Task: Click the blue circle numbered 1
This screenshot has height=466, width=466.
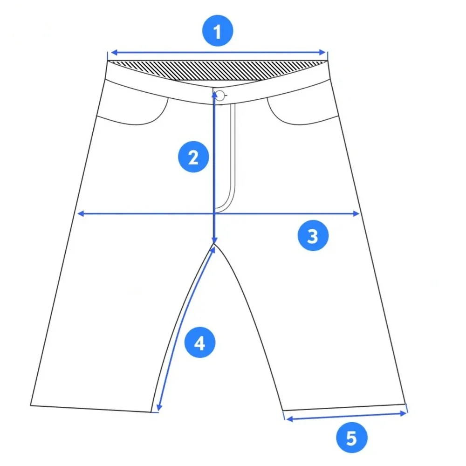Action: [x=218, y=31]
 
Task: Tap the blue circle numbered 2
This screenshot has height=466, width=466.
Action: [x=193, y=157]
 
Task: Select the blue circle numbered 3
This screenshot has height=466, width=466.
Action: [x=313, y=235]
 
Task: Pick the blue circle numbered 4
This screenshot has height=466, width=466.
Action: [x=200, y=343]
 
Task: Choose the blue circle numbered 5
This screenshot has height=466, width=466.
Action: [x=351, y=438]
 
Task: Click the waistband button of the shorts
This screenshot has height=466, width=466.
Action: [x=220, y=96]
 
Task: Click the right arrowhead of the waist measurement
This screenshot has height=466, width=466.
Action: [x=322, y=53]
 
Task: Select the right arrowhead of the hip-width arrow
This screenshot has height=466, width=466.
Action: [x=356, y=213]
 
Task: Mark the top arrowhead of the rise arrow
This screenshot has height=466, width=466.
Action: [x=214, y=96]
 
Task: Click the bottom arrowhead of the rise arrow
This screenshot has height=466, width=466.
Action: [x=214, y=240]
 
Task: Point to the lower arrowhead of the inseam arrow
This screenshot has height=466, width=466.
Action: [x=159, y=407]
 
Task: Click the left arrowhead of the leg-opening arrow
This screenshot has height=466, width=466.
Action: [x=289, y=419]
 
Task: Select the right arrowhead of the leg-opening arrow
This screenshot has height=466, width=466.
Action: [x=403, y=413]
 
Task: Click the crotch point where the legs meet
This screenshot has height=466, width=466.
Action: [x=214, y=244]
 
